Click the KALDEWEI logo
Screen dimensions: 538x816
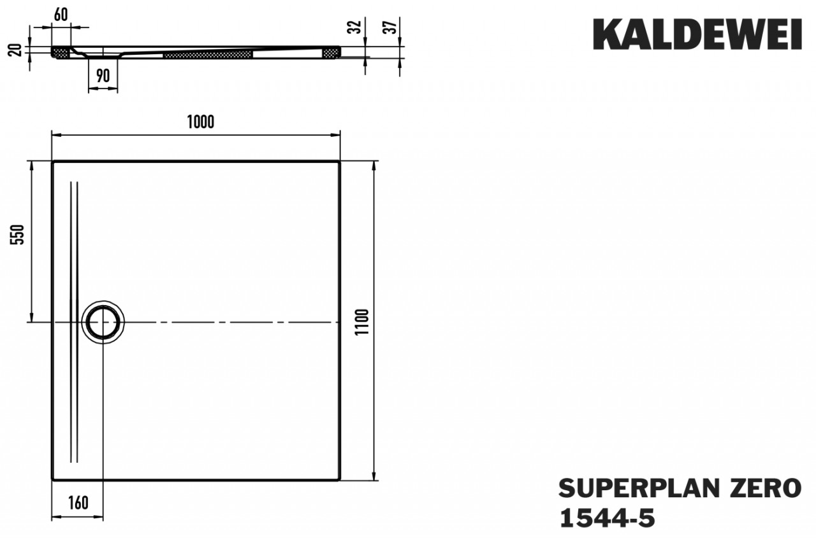coord(697,34)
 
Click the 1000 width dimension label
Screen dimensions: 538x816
coord(200,123)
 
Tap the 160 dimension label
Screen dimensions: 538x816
coord(77,503)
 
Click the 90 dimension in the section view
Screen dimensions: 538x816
coord(103,76)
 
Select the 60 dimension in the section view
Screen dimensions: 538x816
coord(61,16)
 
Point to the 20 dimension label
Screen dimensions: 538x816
coord(17,50)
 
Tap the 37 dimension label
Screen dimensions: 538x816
coord(392,26)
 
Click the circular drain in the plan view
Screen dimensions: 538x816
coord(102,322)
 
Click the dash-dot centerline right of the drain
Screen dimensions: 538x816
coord(229,323)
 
